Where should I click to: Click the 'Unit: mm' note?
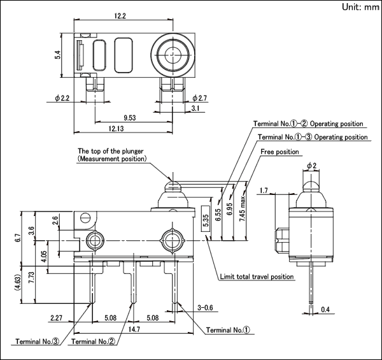point(360,7)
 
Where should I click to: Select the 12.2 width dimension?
point(120,16)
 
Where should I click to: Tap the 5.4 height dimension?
point(57,55)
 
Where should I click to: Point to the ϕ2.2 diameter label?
point(62,98)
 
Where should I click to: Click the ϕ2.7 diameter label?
point(199,98)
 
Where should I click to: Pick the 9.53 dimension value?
point(130,118)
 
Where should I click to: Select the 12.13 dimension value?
point(117,129)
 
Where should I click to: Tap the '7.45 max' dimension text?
point(242,209)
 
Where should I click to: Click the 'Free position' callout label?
point(279,152)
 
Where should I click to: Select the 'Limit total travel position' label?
point(257,277)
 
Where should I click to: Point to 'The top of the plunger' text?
point(110,151)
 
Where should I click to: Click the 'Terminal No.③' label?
point(38,342)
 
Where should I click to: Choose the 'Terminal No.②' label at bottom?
point(94,342)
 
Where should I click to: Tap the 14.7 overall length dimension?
point(134,329)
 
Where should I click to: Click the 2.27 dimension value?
point(56,318)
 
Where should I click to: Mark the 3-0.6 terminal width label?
point(205,308)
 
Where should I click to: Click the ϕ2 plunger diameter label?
point(311,166)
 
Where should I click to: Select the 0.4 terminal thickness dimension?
point(325,310)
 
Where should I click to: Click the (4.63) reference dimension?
point(18,282)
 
